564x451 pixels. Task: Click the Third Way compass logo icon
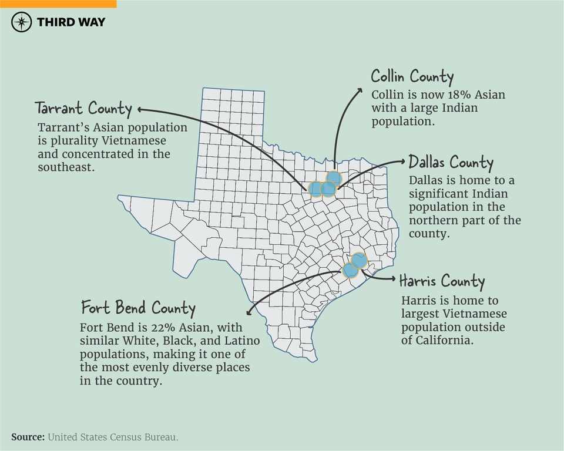tap(22, 22)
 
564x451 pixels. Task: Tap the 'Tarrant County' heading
tap(83, 109)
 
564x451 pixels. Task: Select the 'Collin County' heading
tap(412, 77)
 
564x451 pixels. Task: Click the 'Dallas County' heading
tap(451, 162)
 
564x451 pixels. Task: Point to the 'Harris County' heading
tap(442, 281)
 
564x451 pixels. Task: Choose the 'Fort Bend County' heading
tap(138, 308)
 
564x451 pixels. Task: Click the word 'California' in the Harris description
tap(444, 341)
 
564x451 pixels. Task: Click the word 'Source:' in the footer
tap(28, 437)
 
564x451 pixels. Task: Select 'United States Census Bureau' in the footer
tap(112, 437)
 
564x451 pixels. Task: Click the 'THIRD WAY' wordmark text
tap(71, 22)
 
